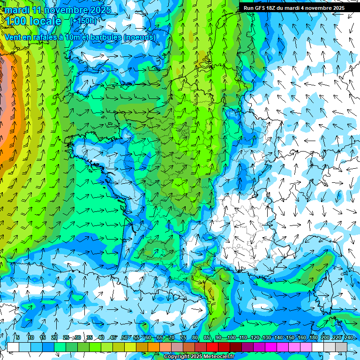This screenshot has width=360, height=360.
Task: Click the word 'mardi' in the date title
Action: [15, 9]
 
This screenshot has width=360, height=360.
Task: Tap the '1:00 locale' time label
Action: [33, 21]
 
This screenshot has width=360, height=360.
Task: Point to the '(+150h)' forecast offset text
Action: [83, 21]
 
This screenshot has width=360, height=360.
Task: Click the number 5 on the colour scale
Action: [18, 338]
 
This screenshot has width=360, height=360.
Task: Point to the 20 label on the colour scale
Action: [54, 338]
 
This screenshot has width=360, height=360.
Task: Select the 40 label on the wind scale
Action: [101, 338]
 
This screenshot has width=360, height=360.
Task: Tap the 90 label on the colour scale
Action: [218, 338]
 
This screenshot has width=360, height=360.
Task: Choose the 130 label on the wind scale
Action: [266, 338]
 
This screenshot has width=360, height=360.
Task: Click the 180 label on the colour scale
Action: [313, 338]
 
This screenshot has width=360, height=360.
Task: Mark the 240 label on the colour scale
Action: [348, 338]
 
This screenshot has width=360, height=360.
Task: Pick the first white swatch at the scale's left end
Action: [13, 347]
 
